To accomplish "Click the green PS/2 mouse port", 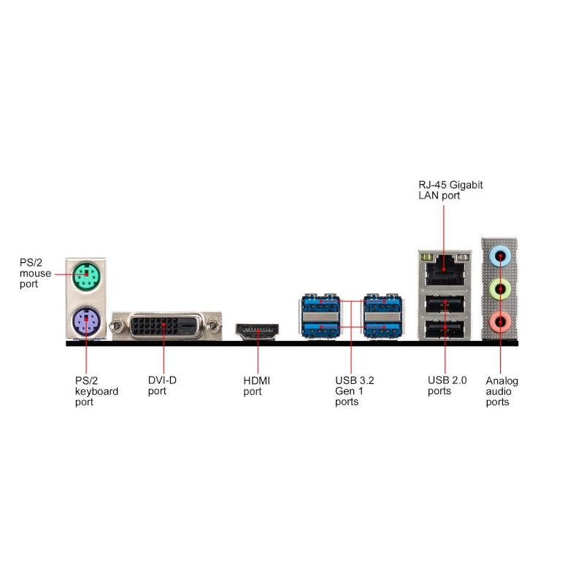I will (x=86, y=277).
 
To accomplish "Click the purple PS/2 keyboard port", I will (x=86, y=320).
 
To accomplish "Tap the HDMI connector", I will (x=256, y=332).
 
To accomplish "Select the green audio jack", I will (x=500, y=288).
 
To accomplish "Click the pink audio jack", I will (x=500, y=320).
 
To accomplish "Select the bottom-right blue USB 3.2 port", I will (x=383, y=329).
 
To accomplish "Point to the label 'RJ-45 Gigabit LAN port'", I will (x=445, y=191).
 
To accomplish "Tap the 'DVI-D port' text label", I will (x=163, y=385).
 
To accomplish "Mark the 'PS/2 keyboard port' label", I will (x=96, y=391).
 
